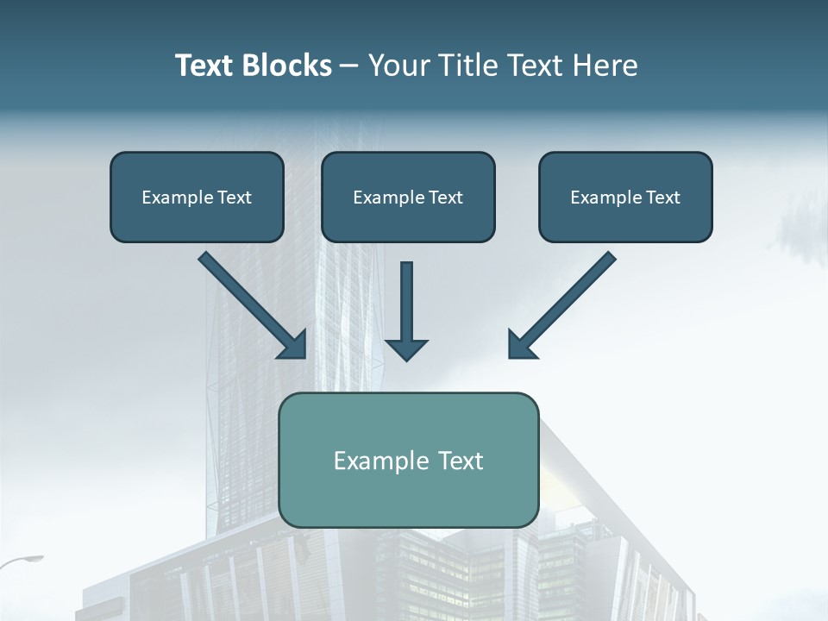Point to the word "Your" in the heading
pos(398,66)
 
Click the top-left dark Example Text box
pos(197,197)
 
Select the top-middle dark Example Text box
pos(408,197)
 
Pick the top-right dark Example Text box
pos(625,197)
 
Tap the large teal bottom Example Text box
pos(408,460)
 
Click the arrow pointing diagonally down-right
pos(250,304)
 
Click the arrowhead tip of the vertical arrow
pos(406,357)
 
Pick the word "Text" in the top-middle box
pos(445,197)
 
